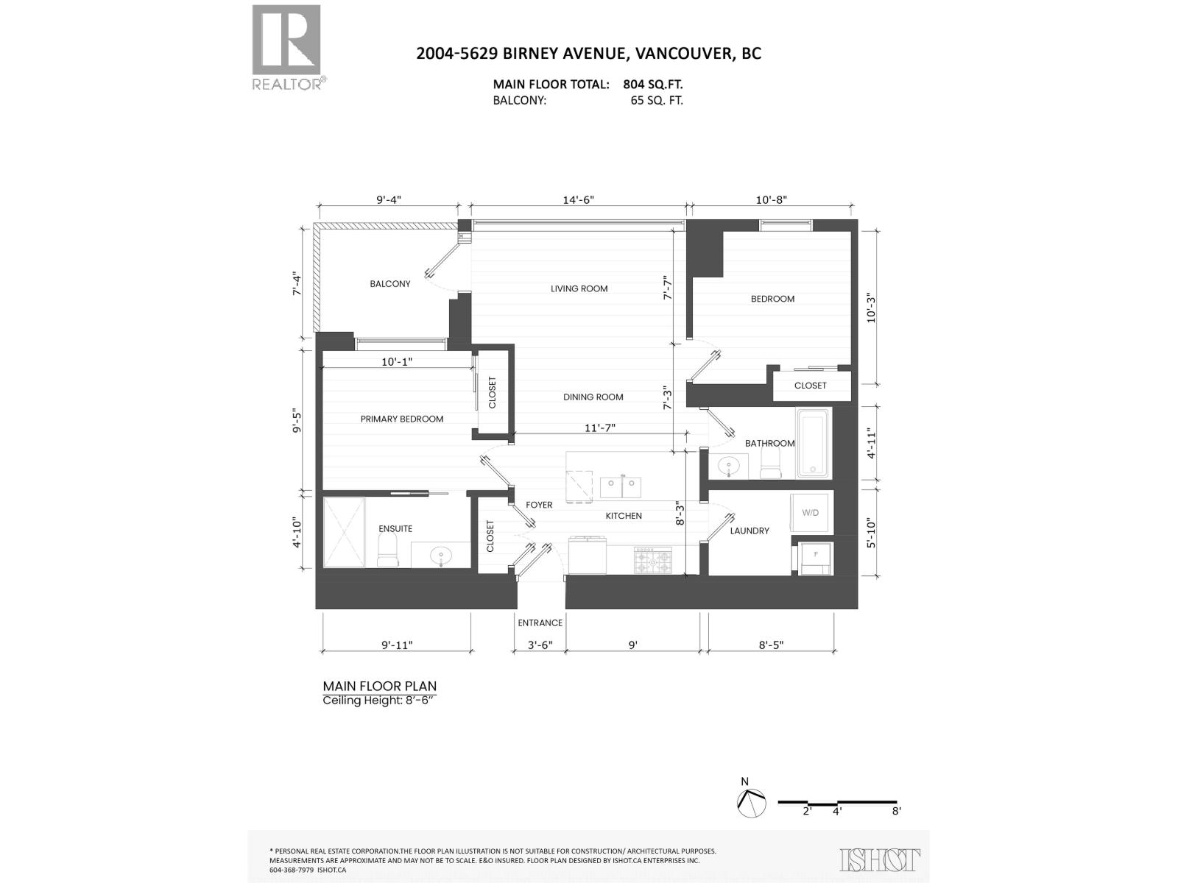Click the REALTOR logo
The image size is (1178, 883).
[x=286, y=46]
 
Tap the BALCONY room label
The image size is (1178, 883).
[x=389, y=284]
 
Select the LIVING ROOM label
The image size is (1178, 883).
[x=579, y=288]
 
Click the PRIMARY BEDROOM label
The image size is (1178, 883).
[x=401, y=419]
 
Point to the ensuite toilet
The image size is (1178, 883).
[x=387, y=551]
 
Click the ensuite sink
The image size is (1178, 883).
[x=442, y=556]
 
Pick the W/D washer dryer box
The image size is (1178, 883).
[x=811, y=512]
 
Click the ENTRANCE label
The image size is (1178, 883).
[x=540, y=623]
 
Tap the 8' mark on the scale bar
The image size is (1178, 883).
[x=896, y=811]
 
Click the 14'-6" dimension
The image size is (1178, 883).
[x=578, y=199]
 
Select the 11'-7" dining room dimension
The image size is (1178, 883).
[x=600, y=427]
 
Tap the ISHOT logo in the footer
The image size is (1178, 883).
[x=880, y=859]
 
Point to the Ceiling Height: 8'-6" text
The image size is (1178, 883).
[x=379, y=701]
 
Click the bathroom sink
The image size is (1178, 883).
[x=729, y=465]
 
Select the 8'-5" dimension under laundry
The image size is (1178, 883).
[x=771, y=645]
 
